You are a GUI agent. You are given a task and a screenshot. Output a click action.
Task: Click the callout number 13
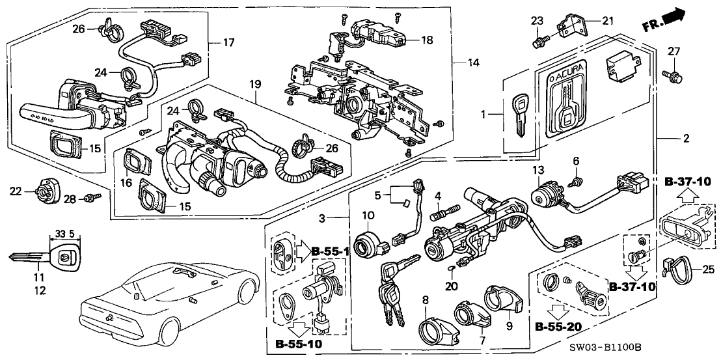coord(537,170)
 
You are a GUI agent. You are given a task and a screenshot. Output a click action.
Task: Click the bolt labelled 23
coord(539,43)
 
